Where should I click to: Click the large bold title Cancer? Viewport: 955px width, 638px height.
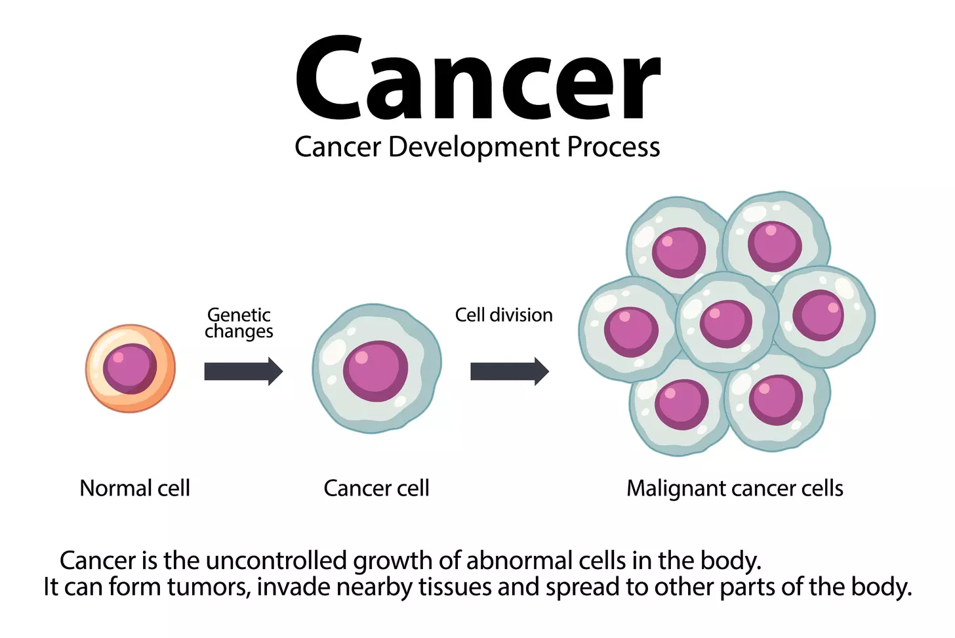477,79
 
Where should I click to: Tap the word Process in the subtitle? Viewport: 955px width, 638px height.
613,147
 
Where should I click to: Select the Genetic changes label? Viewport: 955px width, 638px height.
239,323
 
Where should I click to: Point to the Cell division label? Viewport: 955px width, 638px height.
504,315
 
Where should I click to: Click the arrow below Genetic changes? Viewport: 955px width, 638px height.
243,372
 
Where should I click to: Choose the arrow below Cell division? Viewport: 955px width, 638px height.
509,372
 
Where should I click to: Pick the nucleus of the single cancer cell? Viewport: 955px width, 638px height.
375,370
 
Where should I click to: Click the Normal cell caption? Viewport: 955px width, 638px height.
134,488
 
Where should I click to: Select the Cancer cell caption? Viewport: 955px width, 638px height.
376,488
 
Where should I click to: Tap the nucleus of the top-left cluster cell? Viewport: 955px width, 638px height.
679,252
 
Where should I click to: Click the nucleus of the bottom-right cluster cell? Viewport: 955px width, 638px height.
776,400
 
